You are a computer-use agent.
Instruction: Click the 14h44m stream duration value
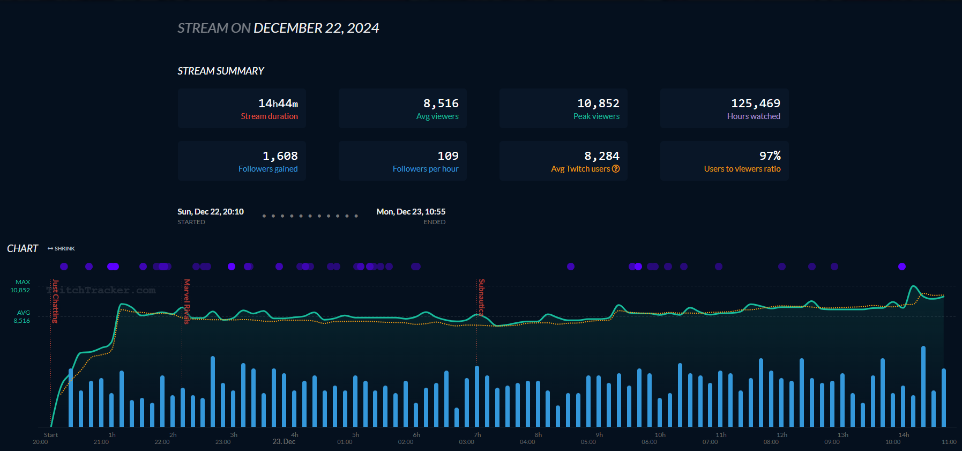[278, 103]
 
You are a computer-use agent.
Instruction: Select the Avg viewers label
[437, 116]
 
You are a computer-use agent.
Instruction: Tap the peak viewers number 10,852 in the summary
[598, 103]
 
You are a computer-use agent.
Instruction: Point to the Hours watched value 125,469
[756, 103]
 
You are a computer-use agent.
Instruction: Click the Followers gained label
[268, 169]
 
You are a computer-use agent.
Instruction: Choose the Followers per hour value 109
[448, 156]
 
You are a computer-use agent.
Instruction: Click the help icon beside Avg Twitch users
[616, 169]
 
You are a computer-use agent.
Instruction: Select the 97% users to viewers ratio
[770, 156]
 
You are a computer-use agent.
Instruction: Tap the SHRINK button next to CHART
[62, 249]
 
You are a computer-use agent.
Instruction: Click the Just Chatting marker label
[55, 301]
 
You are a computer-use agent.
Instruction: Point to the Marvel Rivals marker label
[187, 301]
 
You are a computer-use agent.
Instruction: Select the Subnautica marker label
[482, 297]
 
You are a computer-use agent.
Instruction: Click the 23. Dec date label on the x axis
[284, 442]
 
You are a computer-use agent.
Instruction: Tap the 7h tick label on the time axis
[478, 435]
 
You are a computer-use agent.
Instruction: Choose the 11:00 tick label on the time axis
[949, 442]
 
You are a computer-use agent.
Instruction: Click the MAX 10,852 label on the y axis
[21, 286]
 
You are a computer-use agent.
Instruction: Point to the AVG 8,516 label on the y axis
[22, 316]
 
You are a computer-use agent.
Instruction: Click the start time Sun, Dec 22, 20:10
[211, 212]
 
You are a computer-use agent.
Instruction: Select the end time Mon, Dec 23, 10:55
[411, 212]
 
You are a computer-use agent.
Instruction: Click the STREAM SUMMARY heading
[221, 71]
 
